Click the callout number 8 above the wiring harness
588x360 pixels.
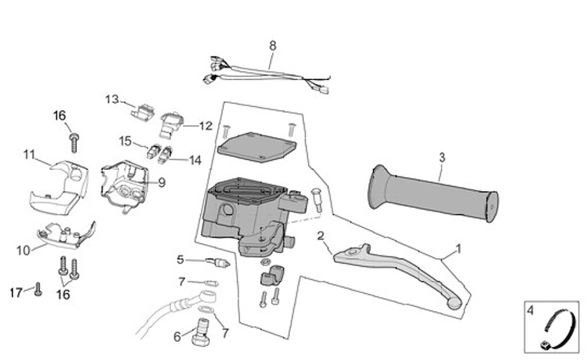pyautogui.click(x=273, y=45)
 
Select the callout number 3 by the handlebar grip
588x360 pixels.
pyautogui.click(x=442, y=157)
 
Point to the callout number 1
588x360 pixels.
pyautogui.click(x=459, y=247)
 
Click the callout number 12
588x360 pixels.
pyautogui.click(x=205, y=127)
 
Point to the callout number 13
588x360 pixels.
pyautogui.click(x=112, y=100)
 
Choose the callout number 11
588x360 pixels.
pyautogui.click(x=29, y=153)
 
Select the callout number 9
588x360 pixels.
pyautogui.click(x=161, y=183)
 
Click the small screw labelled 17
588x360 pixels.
pyautogui.click(x=37, y=288)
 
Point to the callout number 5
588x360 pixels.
pyautogui.click(x=180, y=260)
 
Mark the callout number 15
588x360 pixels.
pyautogui.click(x=125, y=140)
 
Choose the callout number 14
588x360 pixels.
pyautogui.click(x=195, y=161)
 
